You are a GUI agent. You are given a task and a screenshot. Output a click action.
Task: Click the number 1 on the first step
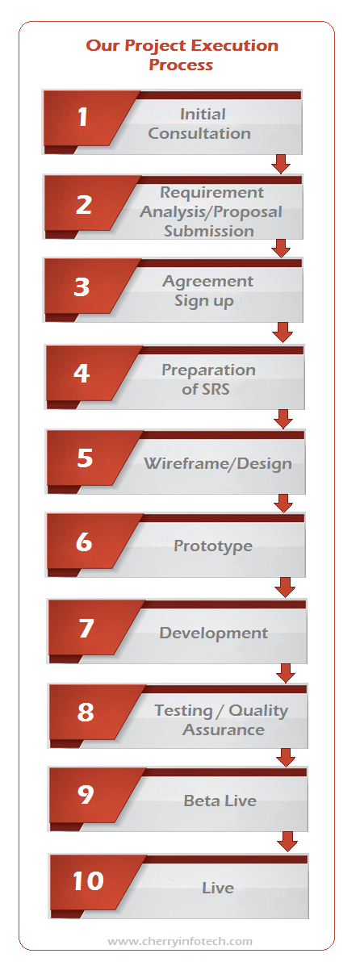tap(83, 117)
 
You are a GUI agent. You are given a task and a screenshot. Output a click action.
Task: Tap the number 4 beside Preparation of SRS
tap(82, 373)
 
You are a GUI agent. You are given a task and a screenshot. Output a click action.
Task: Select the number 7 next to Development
tap(86, 628)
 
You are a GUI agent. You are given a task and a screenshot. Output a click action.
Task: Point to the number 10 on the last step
tap(88, 880)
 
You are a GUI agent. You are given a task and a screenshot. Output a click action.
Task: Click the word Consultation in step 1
tap(199, 133)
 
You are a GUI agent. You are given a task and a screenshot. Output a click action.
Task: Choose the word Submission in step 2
tap(209, 231)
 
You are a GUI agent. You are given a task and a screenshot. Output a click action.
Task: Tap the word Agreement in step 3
tap(207, 282)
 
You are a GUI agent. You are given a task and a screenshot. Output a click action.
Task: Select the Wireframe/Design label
tap(218, 463)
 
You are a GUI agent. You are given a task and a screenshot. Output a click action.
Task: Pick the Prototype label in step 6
tap(213, 546)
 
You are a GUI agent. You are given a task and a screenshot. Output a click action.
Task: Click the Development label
tap(214, 633)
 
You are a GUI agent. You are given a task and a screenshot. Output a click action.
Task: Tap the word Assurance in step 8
tap(224, 730)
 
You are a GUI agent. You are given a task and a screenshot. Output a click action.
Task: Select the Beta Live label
tap(220, 801)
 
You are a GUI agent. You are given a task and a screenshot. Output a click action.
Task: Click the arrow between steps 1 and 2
tap(281, 164)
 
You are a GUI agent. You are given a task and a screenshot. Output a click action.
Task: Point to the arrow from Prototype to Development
tap(285, 587)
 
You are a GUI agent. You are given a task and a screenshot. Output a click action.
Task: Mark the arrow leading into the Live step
tap(287, 842)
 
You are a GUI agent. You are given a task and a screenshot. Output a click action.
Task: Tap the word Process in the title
tap(181, 65)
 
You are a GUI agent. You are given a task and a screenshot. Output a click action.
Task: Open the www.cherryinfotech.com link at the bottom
tap(180, 941)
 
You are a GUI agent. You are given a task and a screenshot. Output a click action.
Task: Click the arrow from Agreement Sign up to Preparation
tap(282, 332)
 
